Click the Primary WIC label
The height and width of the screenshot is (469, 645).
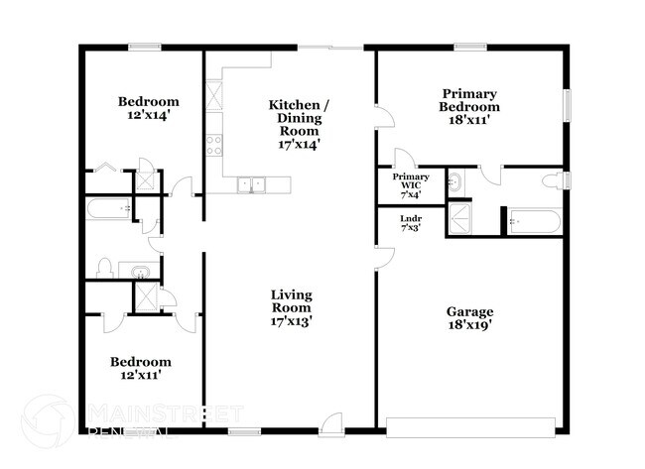click(x=410, y=184)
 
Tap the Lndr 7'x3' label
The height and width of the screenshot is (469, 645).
click(x=410, y=222)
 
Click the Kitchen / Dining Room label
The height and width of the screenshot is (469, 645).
click(x=294, y=124)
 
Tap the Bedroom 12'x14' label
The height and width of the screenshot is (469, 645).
click(x=149, y=108)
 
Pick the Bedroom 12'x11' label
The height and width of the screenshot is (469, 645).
click(x=139, y=369)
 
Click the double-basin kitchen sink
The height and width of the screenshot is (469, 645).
click(x=252, y=183)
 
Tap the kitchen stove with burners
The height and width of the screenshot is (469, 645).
click(x=213, y=146)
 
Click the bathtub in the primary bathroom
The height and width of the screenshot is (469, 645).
click(x=534, y=222)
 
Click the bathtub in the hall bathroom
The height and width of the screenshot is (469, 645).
click(x=109, y=209)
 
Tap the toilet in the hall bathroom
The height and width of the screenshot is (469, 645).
click(x=104, y=268)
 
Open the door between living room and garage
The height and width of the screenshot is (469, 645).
click(x=382, y=255)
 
